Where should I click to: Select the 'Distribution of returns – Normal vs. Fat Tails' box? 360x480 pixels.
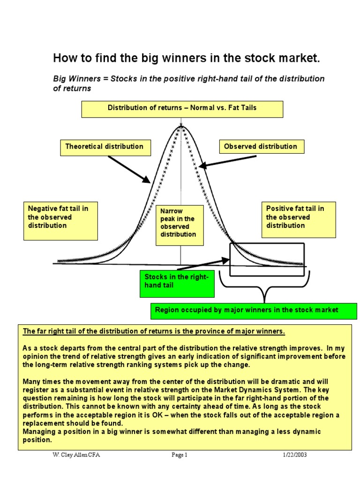tap(182, 108)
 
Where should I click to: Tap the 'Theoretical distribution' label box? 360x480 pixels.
tap(105, 147)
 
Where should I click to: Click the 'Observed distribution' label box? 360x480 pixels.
tap(261, 147)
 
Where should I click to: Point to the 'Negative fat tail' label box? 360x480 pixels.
tap(60, 221)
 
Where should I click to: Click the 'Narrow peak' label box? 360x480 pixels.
tap(180, 225)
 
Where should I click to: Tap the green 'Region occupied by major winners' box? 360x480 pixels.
tap(253, 310)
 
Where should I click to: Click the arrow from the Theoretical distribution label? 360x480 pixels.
tap(128, 169)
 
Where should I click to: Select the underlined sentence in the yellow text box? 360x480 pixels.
tap(154, 331)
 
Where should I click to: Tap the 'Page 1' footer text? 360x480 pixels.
tap(179, 455)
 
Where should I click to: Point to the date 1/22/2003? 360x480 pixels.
tap(295, 455)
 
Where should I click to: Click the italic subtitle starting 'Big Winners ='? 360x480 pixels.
tap(189, 83)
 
